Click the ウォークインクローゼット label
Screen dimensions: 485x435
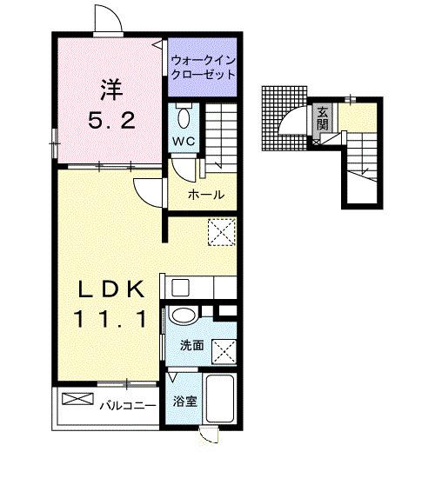tap(204, 68)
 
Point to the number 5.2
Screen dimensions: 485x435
tap(110, 121)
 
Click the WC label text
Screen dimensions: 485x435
tap(183, 141)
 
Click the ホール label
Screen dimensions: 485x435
tap(206, 195)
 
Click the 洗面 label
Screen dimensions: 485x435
tap(191, 345)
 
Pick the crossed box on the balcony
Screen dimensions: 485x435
tap(76, 400)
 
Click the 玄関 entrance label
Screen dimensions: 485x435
tap(322, 116)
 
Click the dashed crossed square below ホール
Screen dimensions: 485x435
tap(222, 232)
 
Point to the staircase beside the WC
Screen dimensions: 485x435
tap(221, 130)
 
